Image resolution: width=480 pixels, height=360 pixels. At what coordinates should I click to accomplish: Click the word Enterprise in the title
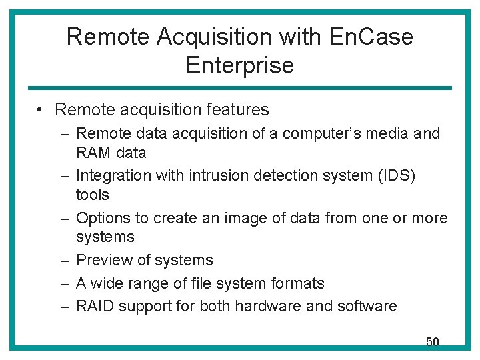[x=240, y=65]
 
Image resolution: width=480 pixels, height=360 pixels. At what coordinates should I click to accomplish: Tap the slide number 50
[x=433, y=342]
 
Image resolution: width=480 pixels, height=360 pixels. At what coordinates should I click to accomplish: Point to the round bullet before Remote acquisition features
[x=41, y=110]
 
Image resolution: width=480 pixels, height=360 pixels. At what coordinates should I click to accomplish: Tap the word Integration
[x=113, y=175]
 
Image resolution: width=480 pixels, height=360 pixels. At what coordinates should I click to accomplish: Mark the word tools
[x=93, y=195]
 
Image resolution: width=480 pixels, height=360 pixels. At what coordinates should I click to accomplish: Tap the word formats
[x=297, y=283]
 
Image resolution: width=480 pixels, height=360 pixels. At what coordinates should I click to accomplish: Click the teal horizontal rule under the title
[x=239, y=88]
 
